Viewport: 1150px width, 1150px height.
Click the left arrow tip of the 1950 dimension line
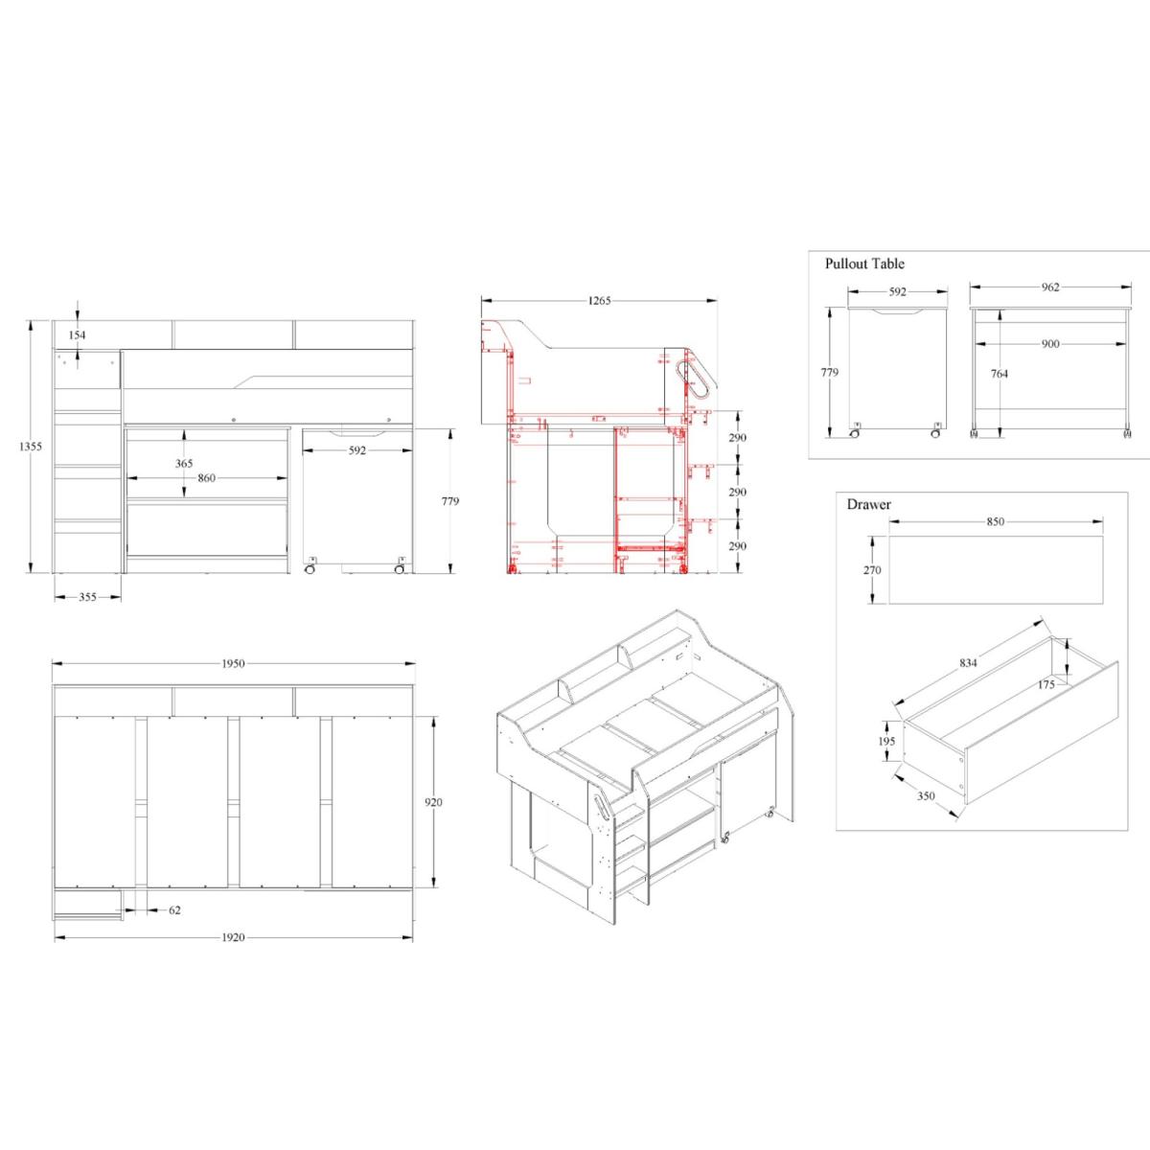[x=53, y=663]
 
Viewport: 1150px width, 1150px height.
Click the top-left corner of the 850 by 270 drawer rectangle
[x=889, y=536]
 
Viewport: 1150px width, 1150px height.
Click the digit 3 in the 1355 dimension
[x=25, y=447]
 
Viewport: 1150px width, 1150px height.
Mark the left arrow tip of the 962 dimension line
[x=971, y=287]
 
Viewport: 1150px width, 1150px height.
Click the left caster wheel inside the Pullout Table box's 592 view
[x=854, y=433]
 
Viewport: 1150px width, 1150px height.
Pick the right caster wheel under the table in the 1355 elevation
[x=400, y=569]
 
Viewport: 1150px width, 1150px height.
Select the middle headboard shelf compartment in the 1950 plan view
[x=233, y=701]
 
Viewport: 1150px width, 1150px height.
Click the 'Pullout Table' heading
[x=864, y=264]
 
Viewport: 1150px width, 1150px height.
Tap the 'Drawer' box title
[x=869, y=504]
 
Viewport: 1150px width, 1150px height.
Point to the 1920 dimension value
[x=233, y=937]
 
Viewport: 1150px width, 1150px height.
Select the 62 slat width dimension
[x=174, y=910]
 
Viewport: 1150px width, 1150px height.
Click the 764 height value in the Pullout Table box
[x=999, y=374]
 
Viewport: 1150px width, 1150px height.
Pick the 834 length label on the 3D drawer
[x=968, y=663]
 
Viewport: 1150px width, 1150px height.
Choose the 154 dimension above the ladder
[x=77, y=335]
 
